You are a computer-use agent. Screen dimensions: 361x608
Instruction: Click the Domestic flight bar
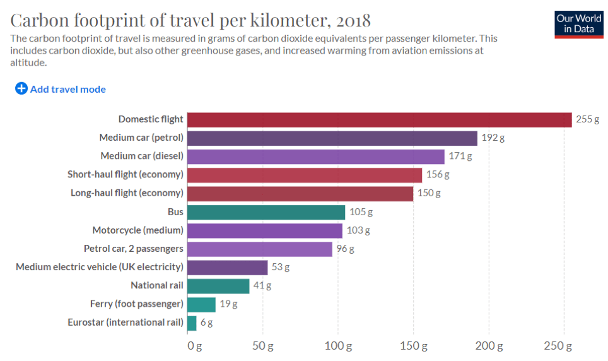[379, 119]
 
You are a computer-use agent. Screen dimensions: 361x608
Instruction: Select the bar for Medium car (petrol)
[332, 138]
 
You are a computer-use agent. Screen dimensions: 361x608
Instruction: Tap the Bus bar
[266, 212]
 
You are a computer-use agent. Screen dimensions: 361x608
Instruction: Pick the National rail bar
[218, 286]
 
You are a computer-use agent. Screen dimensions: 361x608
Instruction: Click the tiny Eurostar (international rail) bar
[192, 323]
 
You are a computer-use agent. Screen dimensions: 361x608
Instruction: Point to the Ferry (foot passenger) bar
[201, 304]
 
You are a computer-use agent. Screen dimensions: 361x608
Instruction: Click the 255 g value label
[588, 119]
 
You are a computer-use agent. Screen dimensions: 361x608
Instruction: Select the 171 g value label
[460, 156]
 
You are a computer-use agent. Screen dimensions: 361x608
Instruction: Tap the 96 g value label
[346, 249]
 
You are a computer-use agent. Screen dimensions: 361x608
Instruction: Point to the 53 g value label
[281, 267]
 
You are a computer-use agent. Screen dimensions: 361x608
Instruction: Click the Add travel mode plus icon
[21, 89]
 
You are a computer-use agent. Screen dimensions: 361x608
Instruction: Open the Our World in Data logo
[578, 24]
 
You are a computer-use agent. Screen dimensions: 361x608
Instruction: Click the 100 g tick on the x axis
[338, 346]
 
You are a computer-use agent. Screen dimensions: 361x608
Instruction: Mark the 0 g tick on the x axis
[194, 346]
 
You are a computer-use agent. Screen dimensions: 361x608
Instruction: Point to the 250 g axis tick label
[558, 346]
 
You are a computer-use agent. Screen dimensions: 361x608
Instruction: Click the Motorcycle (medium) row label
[137, 230]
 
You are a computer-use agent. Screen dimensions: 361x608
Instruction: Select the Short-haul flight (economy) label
[125, 175]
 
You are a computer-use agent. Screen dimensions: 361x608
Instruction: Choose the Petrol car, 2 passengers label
[133, 249]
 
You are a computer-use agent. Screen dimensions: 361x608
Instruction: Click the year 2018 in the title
[353, 20]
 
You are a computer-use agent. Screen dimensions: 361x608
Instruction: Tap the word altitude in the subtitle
[28, 62]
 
